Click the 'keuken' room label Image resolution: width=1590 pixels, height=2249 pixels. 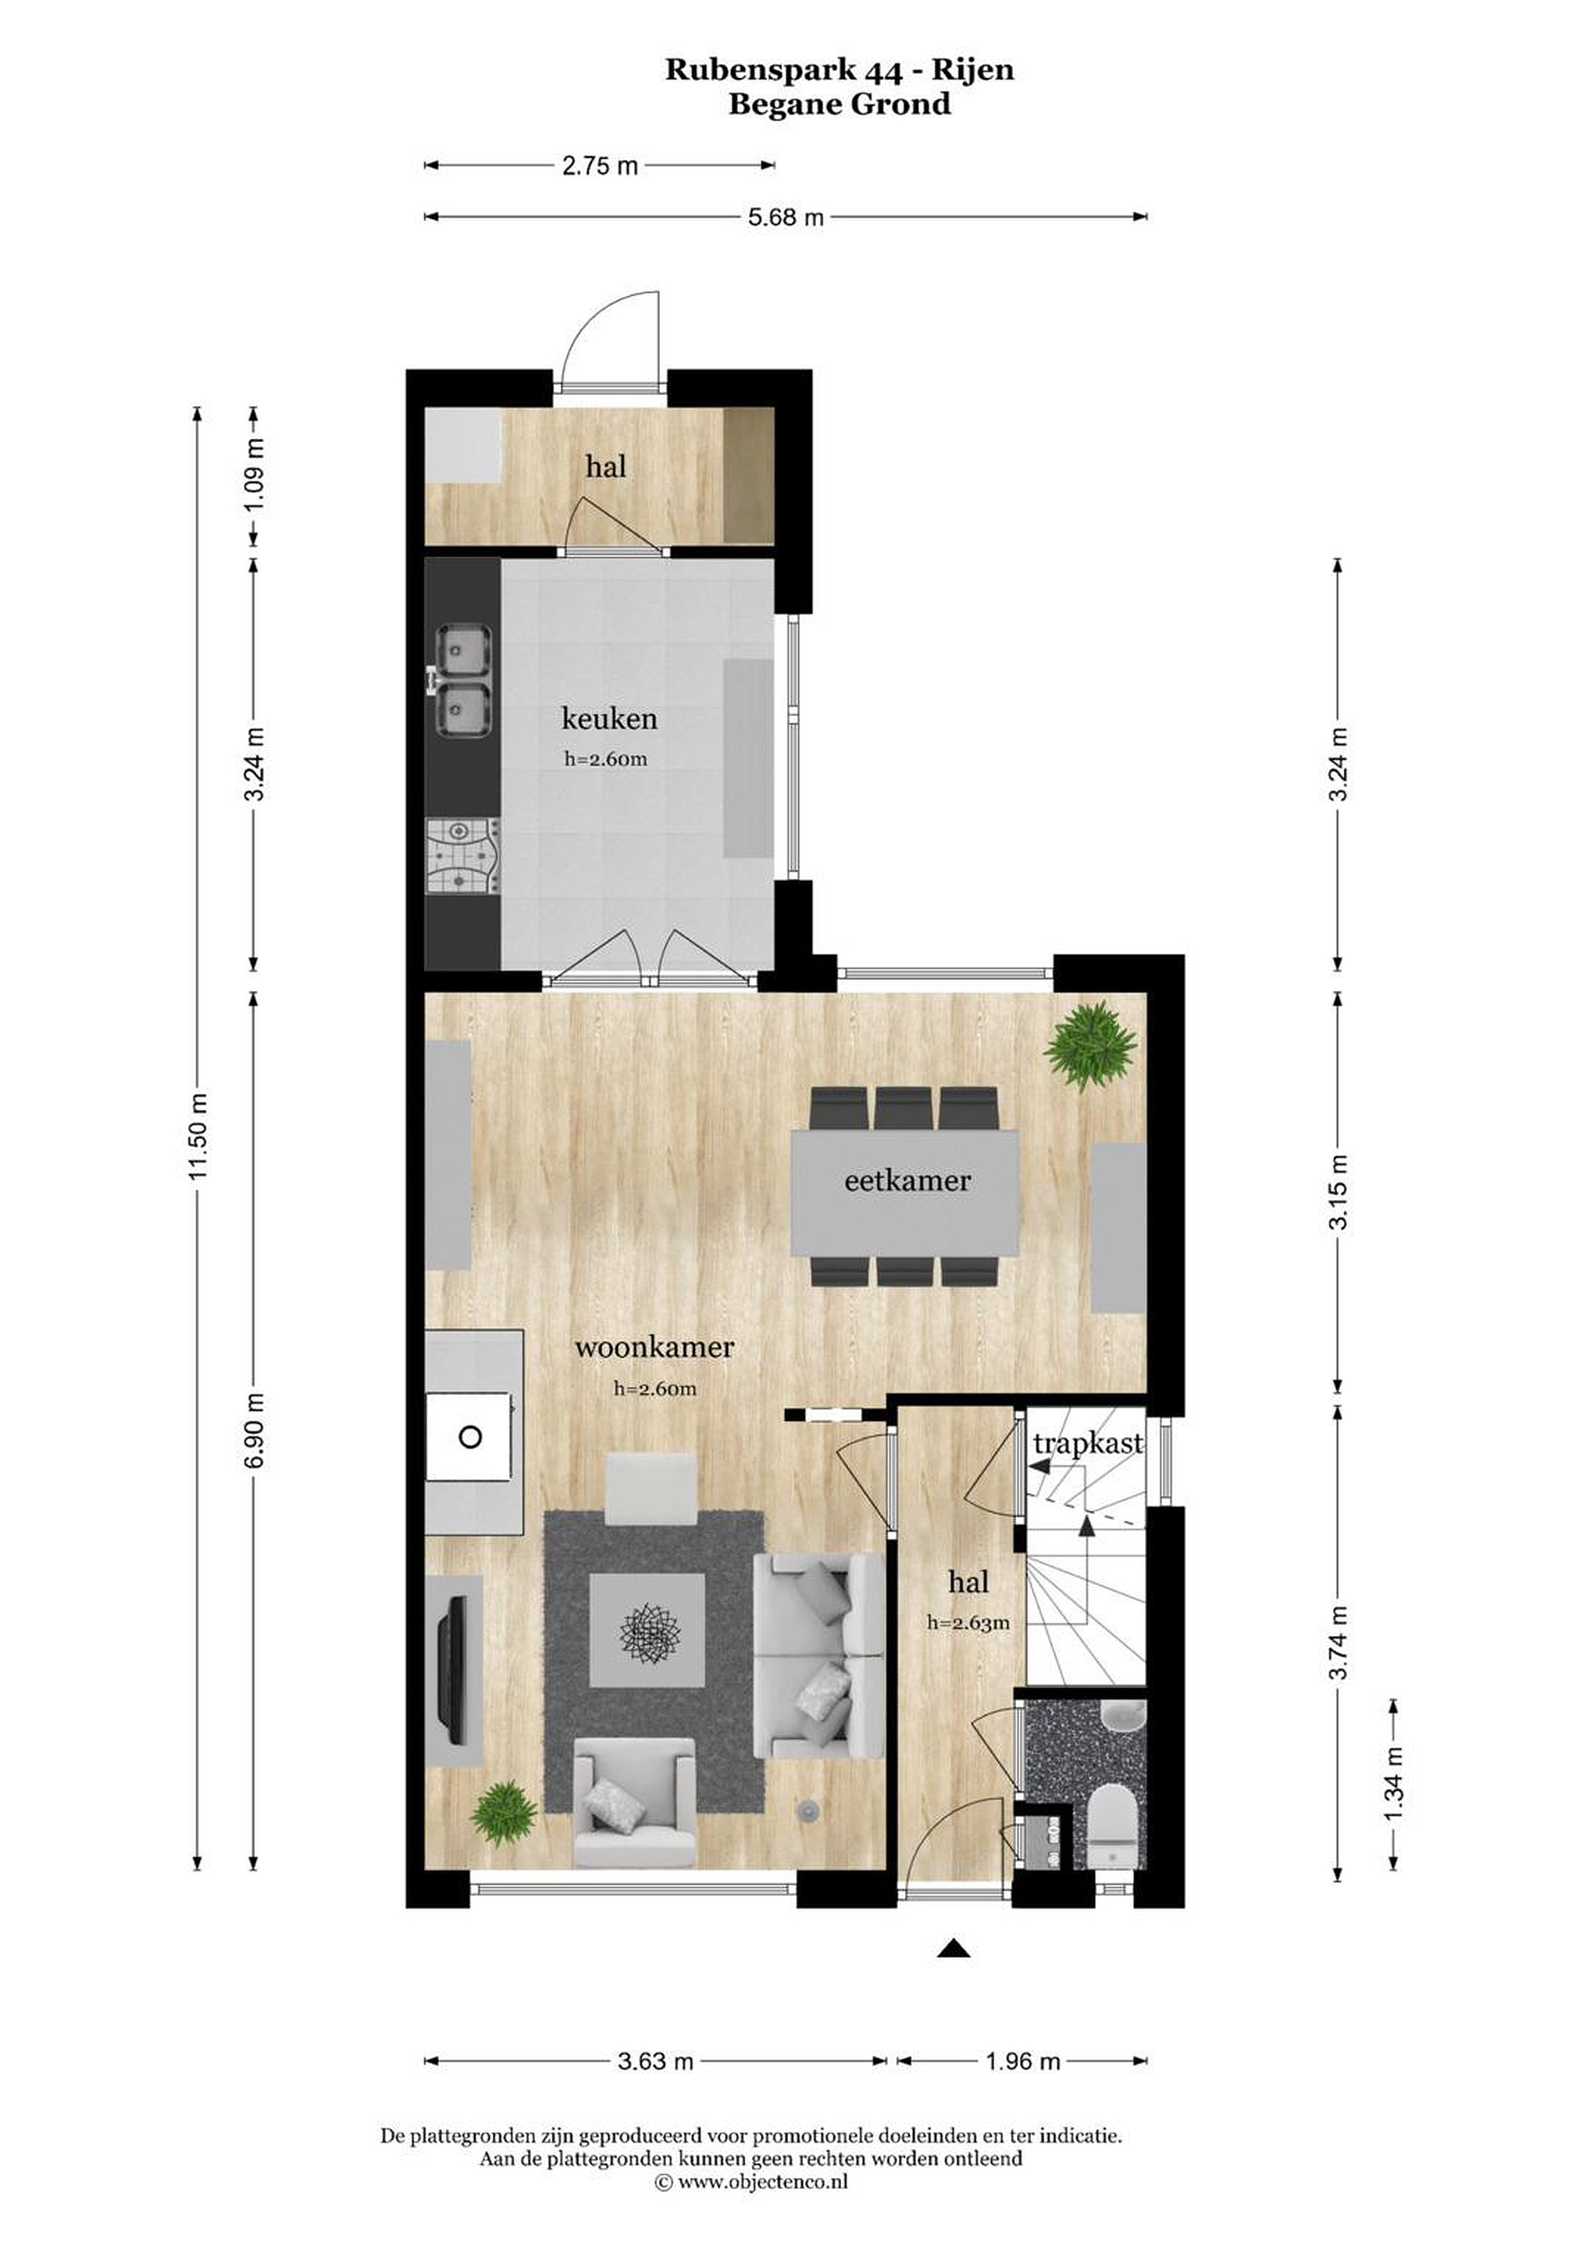[608, 719]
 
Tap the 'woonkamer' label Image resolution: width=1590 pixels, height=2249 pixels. [654, 1347]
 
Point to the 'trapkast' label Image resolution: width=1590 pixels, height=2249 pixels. [1087, 1444]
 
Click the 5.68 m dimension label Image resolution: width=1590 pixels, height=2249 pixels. [786, 217]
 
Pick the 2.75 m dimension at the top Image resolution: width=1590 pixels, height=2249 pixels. [600, 166]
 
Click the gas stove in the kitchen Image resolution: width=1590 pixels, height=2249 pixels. [463, 855]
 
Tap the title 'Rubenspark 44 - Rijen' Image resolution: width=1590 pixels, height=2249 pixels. [840, 70]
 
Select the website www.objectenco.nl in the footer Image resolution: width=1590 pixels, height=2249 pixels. [763, 2209]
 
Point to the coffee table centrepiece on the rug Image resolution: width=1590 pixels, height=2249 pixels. [647, 1630]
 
